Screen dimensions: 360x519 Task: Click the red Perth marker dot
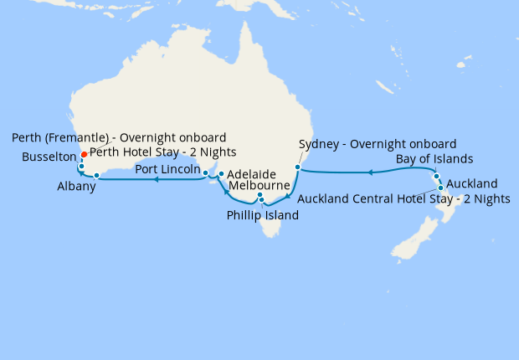pyautogui.click(x=83, y=155)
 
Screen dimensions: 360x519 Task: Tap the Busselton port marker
pyautogui.click(x=81, y=167)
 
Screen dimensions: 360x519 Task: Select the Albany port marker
pyautogui.click(x=97, y=176)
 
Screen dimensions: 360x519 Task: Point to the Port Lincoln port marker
pyautogui.click(x=206, y=173)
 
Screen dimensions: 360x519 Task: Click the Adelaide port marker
pyautogui.click(x=221, y=174)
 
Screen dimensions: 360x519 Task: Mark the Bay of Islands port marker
pyautogui.click(x=436, y=176)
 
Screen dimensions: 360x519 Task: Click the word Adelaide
pyautogui.click(x=252, y=174)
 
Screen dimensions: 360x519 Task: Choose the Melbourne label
pyautogui.click(x=259, y=185)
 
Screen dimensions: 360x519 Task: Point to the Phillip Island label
pyautogui.click(x=262, y=215)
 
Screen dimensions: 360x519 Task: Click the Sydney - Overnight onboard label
pyautogui.click(x=377, y=143)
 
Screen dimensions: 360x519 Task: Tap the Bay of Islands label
pyautogui.click(x=434, y=158)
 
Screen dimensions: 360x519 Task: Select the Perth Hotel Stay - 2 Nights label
pyautogui.click(x=162, y=152)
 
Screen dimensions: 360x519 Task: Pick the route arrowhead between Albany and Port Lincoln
pyautogui.click(x=156, y=178)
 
